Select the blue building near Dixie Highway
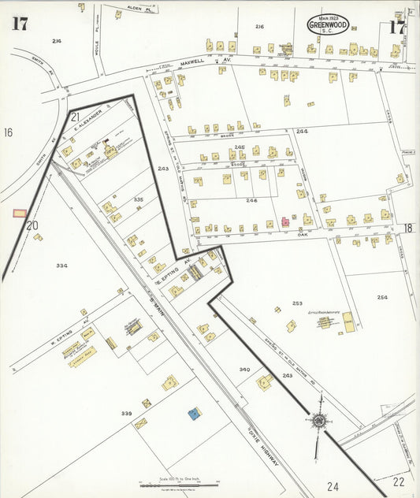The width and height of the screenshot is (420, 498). (x=193, y=412)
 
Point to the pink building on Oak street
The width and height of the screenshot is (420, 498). (x=284, y=222)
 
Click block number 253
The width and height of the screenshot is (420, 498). (x=296, y=303)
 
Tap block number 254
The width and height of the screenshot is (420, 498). (x=382, y=297)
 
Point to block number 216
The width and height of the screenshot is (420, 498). (x=259, y=27)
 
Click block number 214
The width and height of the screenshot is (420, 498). (x=56, y=40)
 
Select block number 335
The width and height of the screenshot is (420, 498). (x=139, y=200)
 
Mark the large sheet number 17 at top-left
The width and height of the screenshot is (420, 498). (x=20, y=23)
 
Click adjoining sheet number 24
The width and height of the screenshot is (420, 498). (x=333, y=486)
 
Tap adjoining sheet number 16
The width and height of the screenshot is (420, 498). (x=9, y=132)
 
